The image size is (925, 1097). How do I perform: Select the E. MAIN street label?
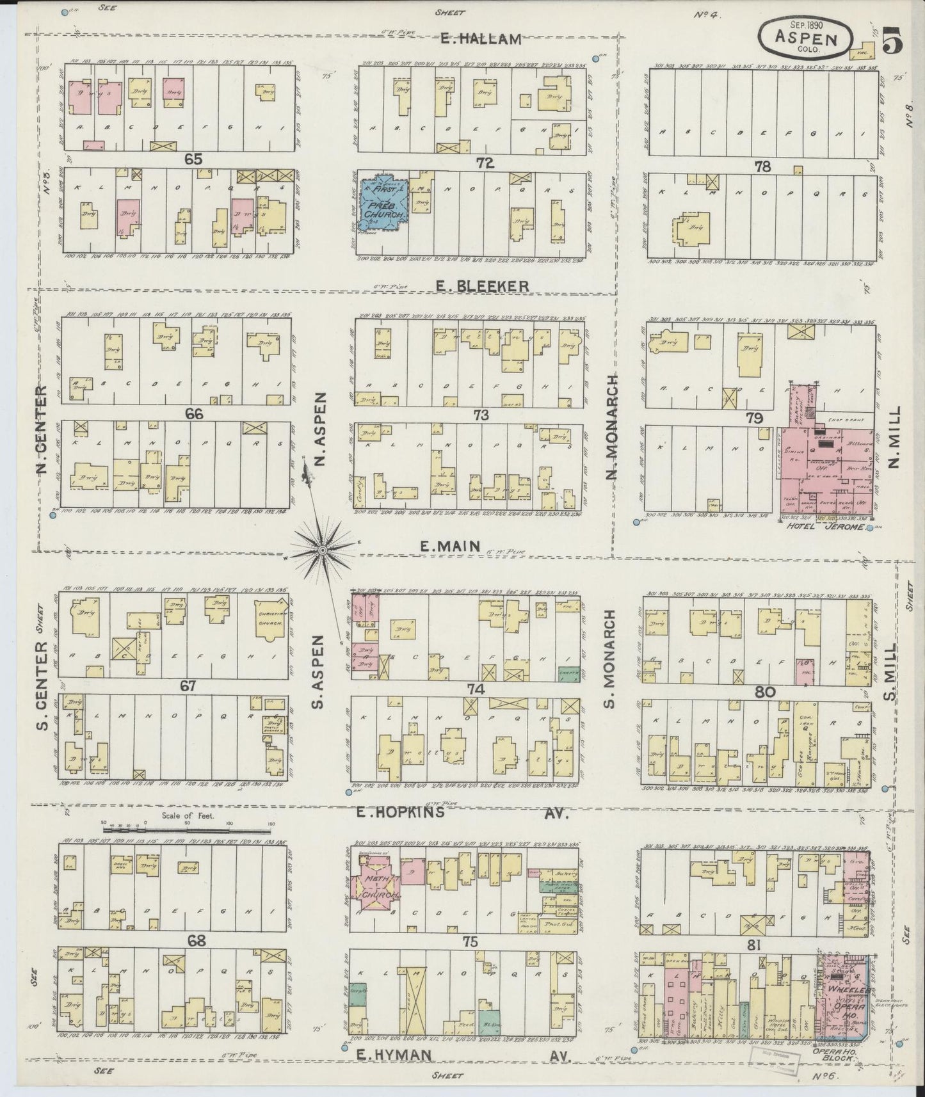click(450, 546)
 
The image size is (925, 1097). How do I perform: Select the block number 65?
click(193, 159)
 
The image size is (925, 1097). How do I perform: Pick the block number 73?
click(481, 415)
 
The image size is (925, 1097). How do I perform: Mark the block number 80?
click(765, 692)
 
